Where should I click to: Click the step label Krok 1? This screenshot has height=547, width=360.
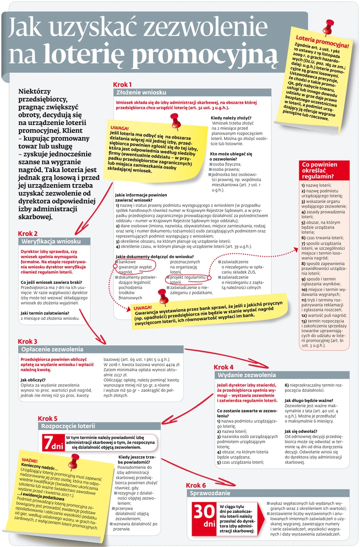(x=122, y=84)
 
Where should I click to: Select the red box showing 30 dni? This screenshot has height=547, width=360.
(x=204, y=517)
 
